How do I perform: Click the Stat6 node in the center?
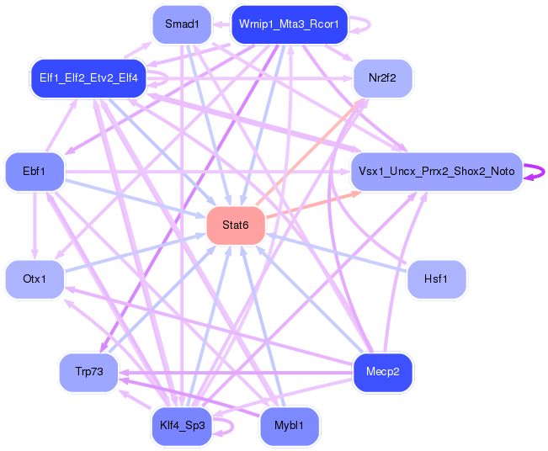click(236, 225)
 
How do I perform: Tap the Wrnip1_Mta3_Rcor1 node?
click(289, 24)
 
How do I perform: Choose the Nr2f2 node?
click(382, 79)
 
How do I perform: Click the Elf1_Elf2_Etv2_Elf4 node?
click(88, 78)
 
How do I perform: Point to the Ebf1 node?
click(35, 171)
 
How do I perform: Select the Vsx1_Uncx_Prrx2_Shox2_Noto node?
click(435, 171)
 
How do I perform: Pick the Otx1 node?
click(35, 279)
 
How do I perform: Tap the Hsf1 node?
click(436, 279)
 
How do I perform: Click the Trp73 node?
click(88, 371)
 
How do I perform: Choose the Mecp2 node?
click(382, 371)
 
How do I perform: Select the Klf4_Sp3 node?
click(181, 426)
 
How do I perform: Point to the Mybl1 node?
click(290, 426)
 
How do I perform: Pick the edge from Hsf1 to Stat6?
click(337, 252)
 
